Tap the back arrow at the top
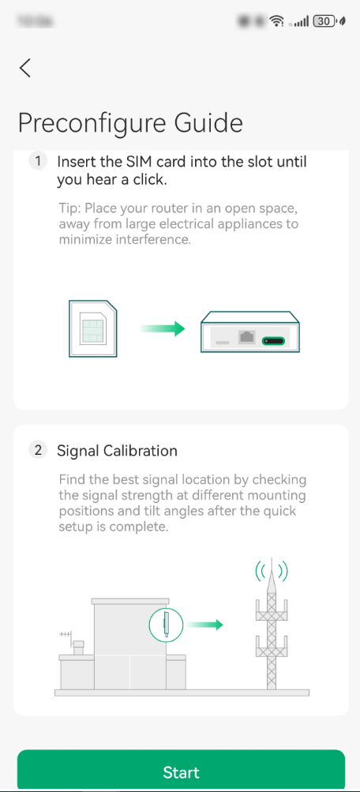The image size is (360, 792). point(25,68)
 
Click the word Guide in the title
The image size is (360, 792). point(208,123)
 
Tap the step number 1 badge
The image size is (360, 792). point(38,161)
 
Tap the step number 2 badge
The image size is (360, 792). point(38,450)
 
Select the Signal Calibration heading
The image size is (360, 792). point(117,451)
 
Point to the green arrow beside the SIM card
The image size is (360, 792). point(162,328)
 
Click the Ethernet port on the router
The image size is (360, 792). point(247,337)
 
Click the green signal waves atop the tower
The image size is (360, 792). point(271,570)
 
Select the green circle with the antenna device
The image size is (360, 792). point(166,625)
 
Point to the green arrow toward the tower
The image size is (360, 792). point(208,625)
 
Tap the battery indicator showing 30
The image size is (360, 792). point(324,21)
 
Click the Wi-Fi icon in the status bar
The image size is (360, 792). point(276,21)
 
